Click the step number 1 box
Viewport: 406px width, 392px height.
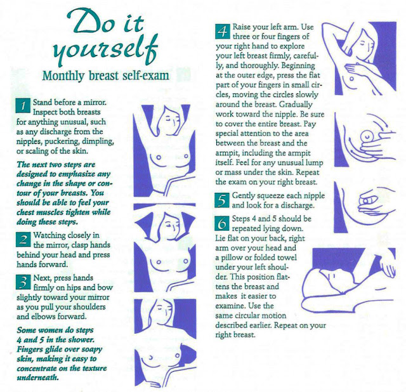click(x=23, y=105)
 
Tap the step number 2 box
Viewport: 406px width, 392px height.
click(x=23, y=240)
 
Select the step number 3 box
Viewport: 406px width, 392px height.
click(x=23, y=282)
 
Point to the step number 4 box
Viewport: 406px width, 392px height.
click(x=223, y=32)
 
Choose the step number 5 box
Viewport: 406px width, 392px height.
click(x=222, y=200)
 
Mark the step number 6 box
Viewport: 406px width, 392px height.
click(x=222, y=223)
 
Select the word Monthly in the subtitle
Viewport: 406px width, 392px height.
click(x=63, y=76)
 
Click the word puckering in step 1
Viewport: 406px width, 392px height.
click(x=62, y=142)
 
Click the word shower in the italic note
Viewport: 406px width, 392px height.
click(x=81, y=339)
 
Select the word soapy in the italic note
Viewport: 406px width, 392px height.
click(x=92, y=350)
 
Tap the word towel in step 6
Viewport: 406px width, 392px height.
click(x=288, y=258)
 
